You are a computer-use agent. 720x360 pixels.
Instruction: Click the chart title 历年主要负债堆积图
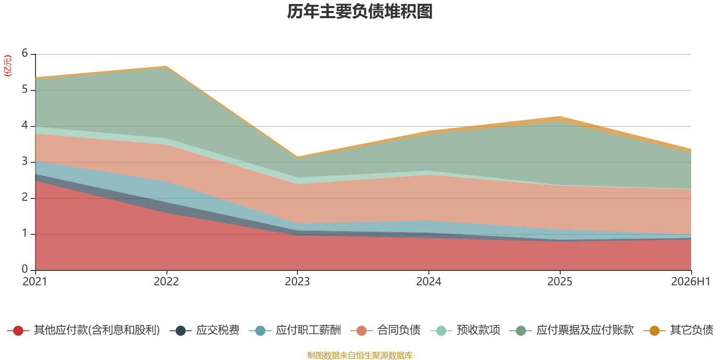[x=360, y=12]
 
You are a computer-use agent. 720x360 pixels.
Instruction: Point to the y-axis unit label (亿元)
[x=7, y=66]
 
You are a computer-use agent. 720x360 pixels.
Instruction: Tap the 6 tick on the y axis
[x=25, y=53]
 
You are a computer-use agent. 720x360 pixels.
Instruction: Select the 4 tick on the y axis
[x=25, y=125]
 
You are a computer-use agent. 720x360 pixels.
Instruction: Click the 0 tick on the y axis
[x=25, y=269]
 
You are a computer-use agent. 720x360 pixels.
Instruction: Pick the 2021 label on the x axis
[x=35, y=282]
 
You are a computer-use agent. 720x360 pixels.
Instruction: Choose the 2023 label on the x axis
[x=297, y=282]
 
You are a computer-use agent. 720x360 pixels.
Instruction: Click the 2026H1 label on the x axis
[x=690, y=282]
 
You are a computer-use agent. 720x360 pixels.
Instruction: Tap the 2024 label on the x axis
[x=429, y=282]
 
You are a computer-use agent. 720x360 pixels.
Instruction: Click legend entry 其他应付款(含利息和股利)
[x=84, y=330]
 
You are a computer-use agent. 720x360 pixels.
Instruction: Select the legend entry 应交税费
[x=204, y=330]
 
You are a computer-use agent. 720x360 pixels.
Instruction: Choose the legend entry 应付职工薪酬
[x=295, y=330]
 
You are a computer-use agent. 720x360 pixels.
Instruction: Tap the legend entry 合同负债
[x=385, y=330]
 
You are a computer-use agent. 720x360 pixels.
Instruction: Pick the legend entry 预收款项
[x=465, y=330]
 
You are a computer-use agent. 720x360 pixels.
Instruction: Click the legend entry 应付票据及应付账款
[x=572, y=330]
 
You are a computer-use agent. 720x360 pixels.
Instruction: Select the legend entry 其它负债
[x=679, y=330]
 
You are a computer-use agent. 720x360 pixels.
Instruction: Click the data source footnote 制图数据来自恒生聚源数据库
[x=360, y=355]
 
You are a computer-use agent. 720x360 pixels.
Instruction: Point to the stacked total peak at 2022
[x=166, y=66]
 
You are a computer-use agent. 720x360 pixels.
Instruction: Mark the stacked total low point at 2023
[x=297, y=157]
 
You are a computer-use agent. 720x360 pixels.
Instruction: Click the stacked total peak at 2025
[x=560, y=117]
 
